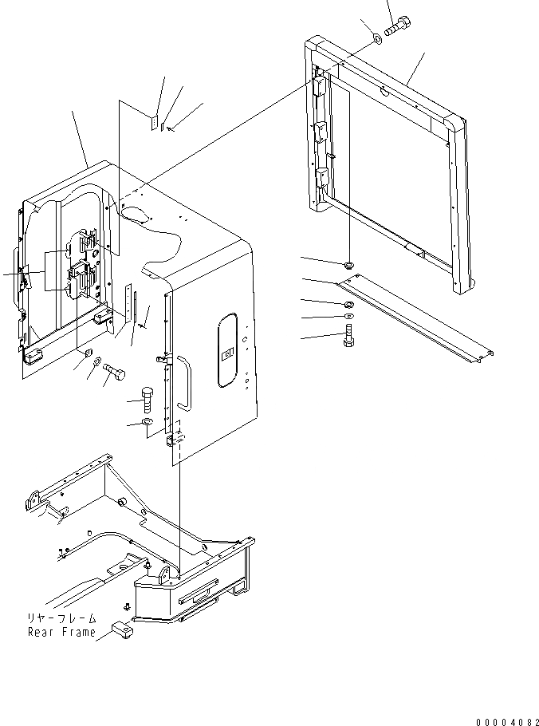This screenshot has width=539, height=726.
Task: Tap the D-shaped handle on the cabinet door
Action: click(186, 384)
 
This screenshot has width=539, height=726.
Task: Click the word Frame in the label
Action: click(78, 632)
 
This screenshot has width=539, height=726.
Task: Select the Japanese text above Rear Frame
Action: click(61, 618)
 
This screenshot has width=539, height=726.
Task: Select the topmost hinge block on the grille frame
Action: click(319, 83)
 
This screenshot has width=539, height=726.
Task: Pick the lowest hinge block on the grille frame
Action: click(322, 177)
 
